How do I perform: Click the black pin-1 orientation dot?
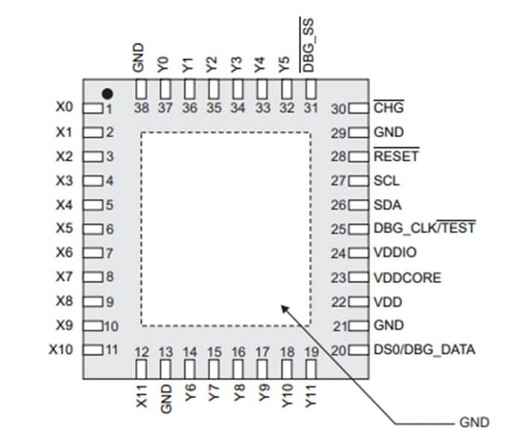click(107, 94)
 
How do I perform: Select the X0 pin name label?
click(65, 107)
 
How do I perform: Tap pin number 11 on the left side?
click(111, 350)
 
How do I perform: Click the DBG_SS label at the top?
click(309, 45)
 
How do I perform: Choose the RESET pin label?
click(395, 157)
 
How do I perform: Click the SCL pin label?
click(386, 181)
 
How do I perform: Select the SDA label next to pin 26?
click(387, 205)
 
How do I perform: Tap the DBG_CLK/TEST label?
click(424, 229)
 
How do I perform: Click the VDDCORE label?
click(406, 277)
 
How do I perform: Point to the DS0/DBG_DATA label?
click(423, 350)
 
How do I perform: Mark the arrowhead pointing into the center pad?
click(284, 306)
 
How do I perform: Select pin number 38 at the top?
click(139, 107)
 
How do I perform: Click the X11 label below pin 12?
click(140, 395)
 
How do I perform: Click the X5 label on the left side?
click(65, 228)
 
